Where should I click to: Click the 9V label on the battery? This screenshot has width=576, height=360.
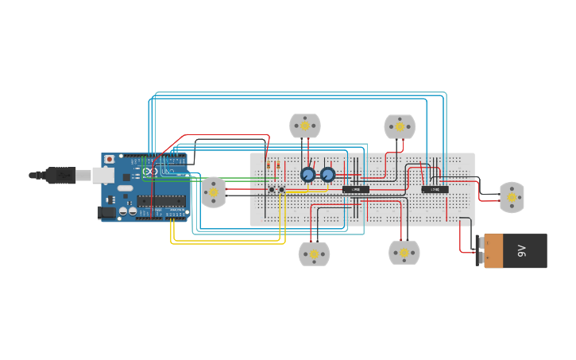point(522,251)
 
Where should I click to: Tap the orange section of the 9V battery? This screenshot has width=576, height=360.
point(493,251)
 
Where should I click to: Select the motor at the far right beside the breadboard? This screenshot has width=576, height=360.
point(512,197)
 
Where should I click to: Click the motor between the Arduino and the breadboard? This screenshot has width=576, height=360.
point(213,192)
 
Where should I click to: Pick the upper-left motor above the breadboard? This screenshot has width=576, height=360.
point(305,126)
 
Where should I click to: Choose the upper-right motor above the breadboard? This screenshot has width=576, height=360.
point(400,126)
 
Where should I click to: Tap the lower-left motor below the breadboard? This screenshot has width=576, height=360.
point(314,254)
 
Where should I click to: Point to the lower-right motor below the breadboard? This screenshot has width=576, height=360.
point(404,253)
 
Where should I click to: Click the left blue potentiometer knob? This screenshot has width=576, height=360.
point(307,174)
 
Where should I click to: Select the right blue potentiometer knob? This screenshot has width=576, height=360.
point(327,174)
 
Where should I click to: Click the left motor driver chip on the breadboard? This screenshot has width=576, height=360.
point(356,189)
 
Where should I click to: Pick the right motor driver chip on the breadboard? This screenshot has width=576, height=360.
point(435,189)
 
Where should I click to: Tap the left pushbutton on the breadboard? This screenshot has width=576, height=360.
point(272,189)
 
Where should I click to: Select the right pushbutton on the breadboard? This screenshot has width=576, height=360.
point(281,189)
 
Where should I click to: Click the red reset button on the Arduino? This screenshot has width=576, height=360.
point(109,160)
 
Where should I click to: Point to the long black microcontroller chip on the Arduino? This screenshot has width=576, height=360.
point(161,201)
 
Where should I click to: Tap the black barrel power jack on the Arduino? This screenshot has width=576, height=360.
point(104,212)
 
